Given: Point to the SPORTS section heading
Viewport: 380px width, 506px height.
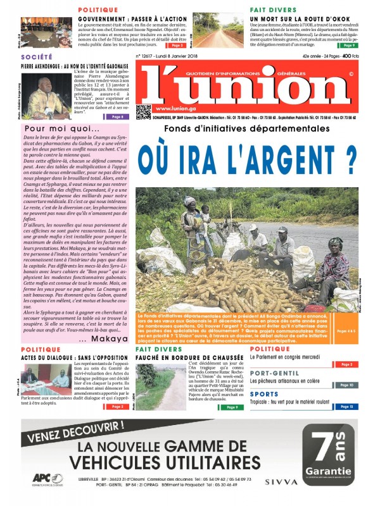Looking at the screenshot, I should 264,394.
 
